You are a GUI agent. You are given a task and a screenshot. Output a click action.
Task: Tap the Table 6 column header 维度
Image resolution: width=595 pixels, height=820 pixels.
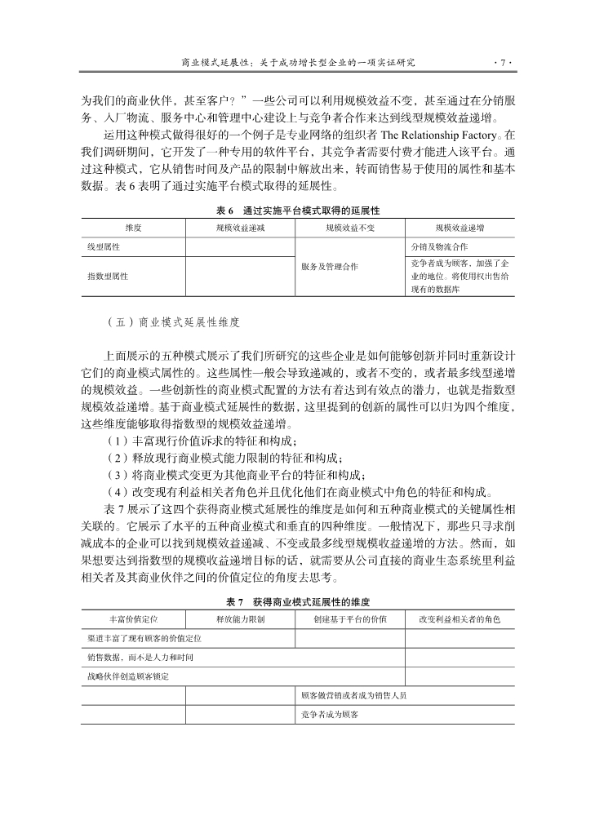pyautogui.click(x=133, y=228)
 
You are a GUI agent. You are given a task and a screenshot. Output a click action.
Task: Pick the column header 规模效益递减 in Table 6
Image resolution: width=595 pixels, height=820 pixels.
pyautogui.click(x=240, y=228)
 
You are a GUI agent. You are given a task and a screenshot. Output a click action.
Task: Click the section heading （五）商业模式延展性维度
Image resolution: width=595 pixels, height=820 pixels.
pyautogui.click(x=173, y=321)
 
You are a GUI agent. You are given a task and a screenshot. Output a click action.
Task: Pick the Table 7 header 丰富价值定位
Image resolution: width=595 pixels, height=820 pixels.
pyautogui.click(x=133, y=619)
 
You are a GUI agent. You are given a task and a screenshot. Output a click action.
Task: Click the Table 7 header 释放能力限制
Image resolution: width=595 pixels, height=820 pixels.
pyautogui.click(x=240, y=619)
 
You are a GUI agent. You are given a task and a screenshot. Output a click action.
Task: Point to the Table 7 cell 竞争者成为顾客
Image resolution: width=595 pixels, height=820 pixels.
pyautogui.click(x=331, y=715)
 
